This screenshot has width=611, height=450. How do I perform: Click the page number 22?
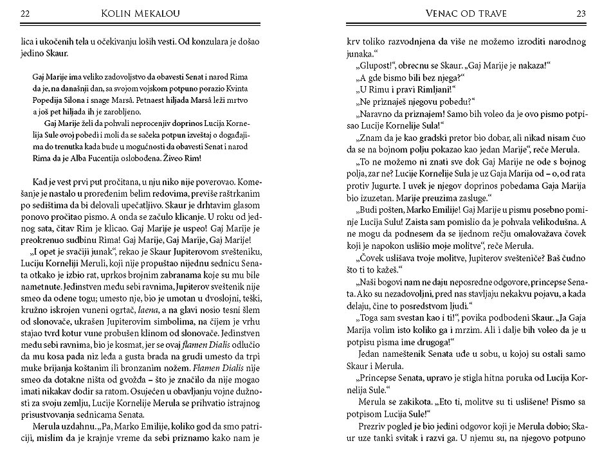24,13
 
